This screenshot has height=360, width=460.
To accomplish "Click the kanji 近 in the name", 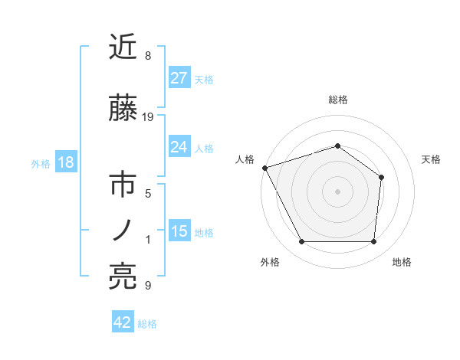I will pyautogui.click(x=123, y=47).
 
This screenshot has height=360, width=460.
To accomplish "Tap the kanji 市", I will pyautogui.click(x=123, y=186).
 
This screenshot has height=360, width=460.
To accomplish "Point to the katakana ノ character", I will pyautogui.click(x=123, y=231).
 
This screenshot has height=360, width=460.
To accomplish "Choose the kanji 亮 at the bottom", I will pyautogui.click(x=123, y=277).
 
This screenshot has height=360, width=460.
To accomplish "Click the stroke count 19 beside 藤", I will pyautogui.click(x=149, y=116).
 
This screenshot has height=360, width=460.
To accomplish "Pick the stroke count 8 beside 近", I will pyautogui.click(x=148, y=56).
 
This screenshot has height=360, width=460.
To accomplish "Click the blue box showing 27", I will pyautogui.click(x=179, y=78).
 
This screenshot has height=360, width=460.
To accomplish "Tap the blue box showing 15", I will pyautogui.click(x=179, y=231).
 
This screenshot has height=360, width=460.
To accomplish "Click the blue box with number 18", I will pyautogui.click(x=65, y=162).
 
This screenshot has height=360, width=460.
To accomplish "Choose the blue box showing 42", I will pyautogui.click(x=123, y=322).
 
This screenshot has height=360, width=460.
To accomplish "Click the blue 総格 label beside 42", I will pyautogui.click(x=147, y=324).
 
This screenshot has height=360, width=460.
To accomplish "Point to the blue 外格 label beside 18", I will pyautogui.click(x=41, y=164).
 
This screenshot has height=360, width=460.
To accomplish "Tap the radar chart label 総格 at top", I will pyautogui.click(x=338, y=100).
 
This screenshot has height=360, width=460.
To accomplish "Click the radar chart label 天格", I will pyautogui.click(x=432, y=159).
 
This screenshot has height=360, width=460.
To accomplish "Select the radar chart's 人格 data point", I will pyautogui.click(x=264, y=167).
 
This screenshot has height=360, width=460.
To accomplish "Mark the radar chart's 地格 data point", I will pyautogui.click(x=373, y=242).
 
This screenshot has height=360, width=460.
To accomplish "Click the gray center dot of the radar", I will pyautogui.click(x=337, y=191).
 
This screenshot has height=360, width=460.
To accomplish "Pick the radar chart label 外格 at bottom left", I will pyautogui.click(x=270, y=262).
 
